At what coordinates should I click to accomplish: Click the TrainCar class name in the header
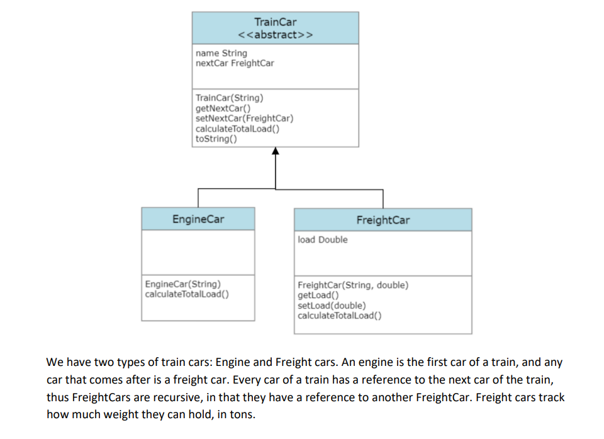pyautogui.click(x=275, y=22)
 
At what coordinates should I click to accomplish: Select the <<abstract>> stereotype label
pyautogui.click(x=275, y=35)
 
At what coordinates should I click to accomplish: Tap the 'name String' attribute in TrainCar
pyautogui.click(x=221, y=54)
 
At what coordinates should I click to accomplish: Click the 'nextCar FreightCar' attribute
pyautogui.click(x=235, y=63)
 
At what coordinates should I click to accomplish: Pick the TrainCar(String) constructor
pyautogui.click(x=229, y=98)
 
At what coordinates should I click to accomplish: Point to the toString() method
pyautogui.click(x=216, y=139)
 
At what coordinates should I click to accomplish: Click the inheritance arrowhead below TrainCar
pyautogui.click(x=275, y=151)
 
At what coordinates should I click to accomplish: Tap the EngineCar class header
pyautogui.click(x=198, y=219)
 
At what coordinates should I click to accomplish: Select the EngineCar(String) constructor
pyautogui.click(x=182, y=284)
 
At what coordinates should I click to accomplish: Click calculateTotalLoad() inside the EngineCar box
pyautogui.click(x=186, y=294)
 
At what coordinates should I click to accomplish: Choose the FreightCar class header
pyautogui.click(x=383, y=220)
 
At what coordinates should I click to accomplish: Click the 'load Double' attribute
pyautogui.click(x=322, y=240)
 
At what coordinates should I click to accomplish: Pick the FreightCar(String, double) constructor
pyautogui.click(x=352, y=285)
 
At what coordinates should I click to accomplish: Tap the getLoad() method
pyautogui.click(x=318, y=295)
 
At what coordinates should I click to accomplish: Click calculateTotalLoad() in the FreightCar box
pyautogui.click(x=339, y=316)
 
